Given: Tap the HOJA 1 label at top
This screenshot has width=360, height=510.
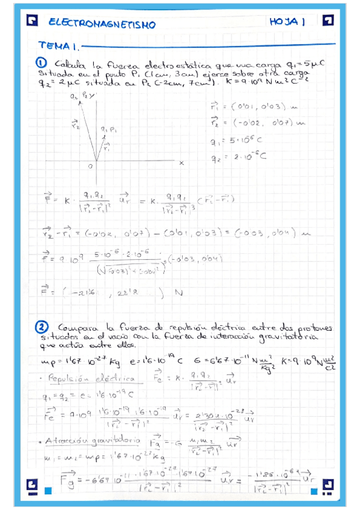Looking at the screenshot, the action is point(288,22).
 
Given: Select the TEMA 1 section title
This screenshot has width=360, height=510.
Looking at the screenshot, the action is point(59,45).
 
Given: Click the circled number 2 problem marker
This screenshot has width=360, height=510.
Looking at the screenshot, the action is point(41,327).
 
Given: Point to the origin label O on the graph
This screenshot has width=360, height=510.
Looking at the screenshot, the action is point(89,165).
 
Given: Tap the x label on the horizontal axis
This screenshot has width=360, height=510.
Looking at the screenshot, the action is point(181,163).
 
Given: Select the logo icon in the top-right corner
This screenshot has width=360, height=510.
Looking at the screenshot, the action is point(327,22).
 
